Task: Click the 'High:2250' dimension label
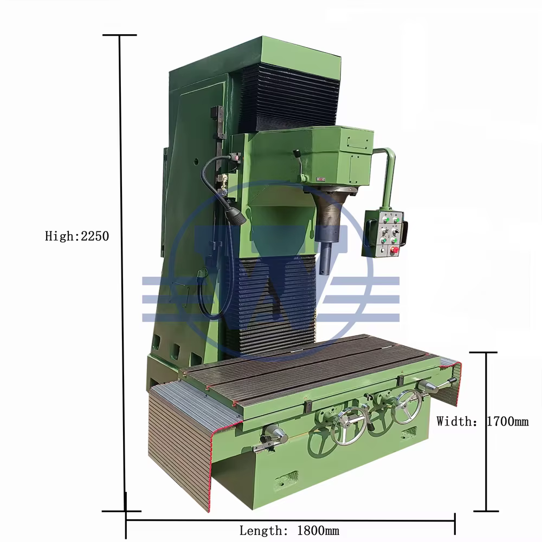[77, 236]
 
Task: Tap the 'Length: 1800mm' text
[289, 530]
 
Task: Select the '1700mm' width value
[507, 421]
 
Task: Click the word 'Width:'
[456, 421]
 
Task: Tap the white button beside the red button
[382, 250]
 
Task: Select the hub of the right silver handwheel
[408, 406]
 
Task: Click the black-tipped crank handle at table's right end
[451, 381]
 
